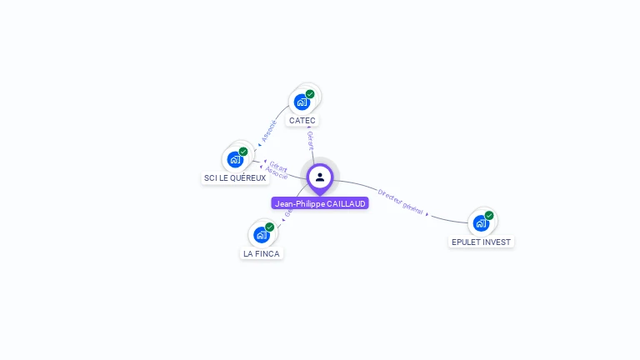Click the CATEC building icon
[302, 102]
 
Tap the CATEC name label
[302, 121]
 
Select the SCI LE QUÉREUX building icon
[236, 158]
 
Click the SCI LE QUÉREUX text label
[235, 178]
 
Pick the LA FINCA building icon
[262, 234]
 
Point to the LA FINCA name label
[262, 253]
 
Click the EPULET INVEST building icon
[481, 222]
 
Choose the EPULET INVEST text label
[481, 242]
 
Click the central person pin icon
[320, 177]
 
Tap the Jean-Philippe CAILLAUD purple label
[320, 203]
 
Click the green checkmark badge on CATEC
[310, 94]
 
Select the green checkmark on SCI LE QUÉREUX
[243, 152]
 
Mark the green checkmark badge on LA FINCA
[269, 227]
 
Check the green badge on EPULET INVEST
[489, 215]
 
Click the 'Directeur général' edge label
[401, 200]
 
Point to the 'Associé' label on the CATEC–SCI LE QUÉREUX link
[268, 129]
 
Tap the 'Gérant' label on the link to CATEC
[310, 140]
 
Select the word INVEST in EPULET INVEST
[497, 242]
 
